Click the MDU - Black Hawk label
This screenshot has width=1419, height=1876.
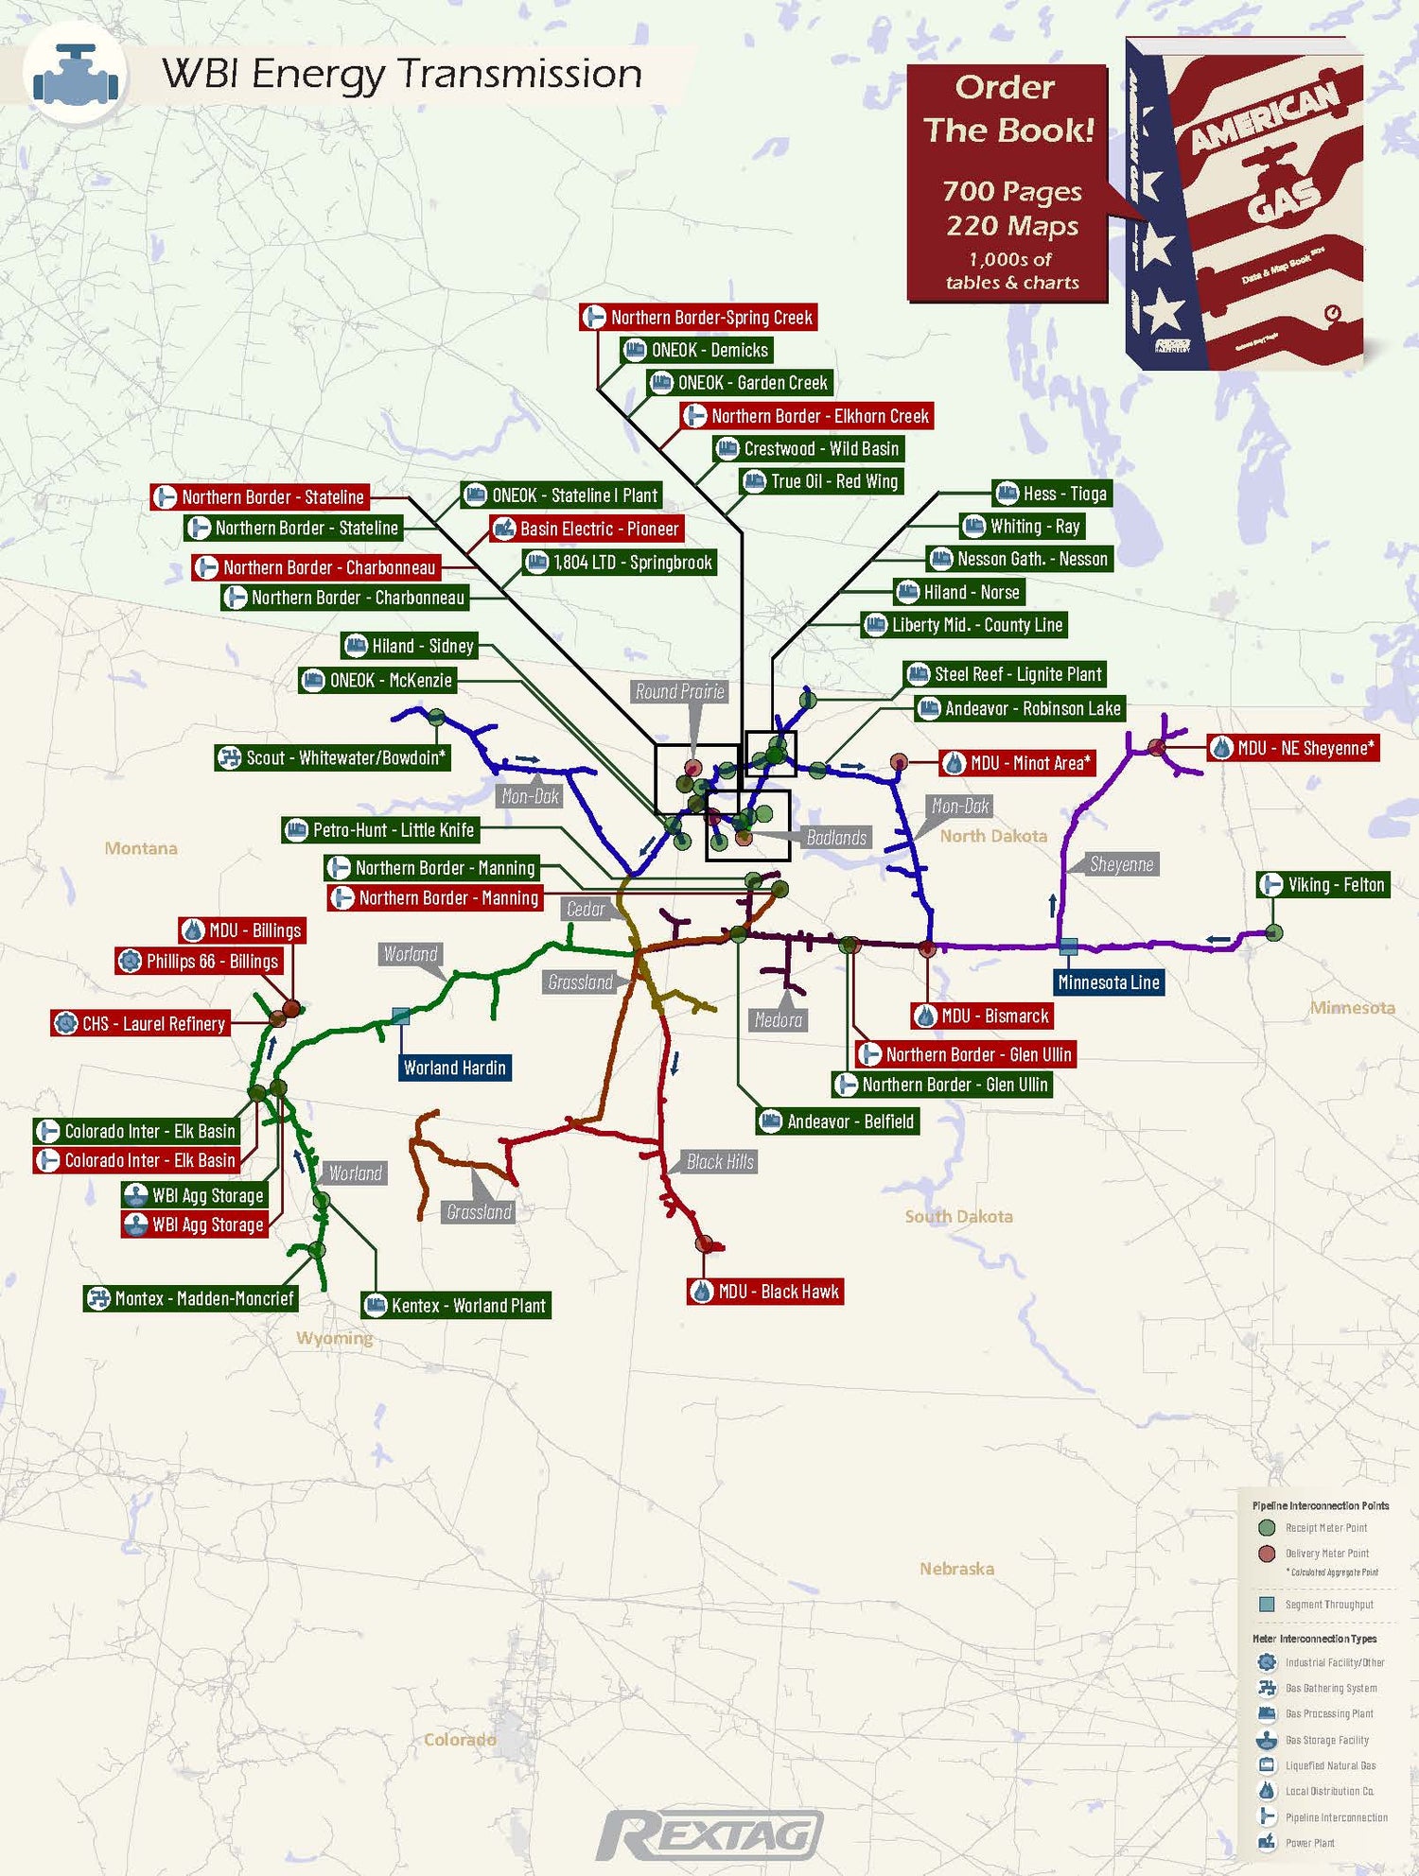click(765, 1292)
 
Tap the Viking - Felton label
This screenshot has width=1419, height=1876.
click(1323, 885)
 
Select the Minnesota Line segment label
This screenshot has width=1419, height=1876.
click(1109, 982)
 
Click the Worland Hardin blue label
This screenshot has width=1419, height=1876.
click(455, 1068)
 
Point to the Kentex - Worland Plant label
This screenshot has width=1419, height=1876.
click(456, 1306)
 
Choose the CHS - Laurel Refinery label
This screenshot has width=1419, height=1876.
click(141, 1023)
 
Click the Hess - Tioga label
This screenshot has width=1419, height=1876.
click(1052, 494)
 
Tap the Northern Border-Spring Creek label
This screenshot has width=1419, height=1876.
click(698, 318)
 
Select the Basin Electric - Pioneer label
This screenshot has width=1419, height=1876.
click(587, 529)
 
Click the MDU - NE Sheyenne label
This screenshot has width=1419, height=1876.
click(1293, 748)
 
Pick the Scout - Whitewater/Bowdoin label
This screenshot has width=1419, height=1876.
click(333, 757)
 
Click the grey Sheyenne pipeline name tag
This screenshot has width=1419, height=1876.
click(1121, 864)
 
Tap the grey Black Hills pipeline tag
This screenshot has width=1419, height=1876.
click(720, 1162)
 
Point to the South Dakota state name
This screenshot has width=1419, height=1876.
click(958, 1216)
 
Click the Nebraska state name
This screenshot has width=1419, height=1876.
click(956, 1569)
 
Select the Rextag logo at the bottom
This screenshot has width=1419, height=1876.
click(709, 1834)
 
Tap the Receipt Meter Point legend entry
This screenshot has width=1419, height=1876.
click(1325, 1528)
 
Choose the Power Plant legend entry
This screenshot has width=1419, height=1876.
click(1309, 1843)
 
